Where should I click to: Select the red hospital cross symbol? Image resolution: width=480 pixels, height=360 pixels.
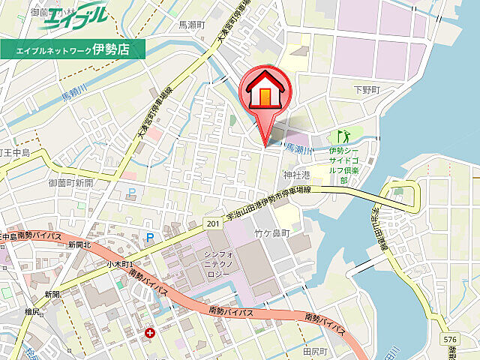[151, 332]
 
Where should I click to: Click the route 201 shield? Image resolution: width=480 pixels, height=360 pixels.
[214, 224]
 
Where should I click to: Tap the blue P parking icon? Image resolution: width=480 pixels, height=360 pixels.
[149, 238]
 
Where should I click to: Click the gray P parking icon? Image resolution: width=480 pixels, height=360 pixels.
[133, 192]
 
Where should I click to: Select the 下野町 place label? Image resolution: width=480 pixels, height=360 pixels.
[367, 89]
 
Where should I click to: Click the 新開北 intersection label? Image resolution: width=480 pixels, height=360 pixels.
[78, 244]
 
